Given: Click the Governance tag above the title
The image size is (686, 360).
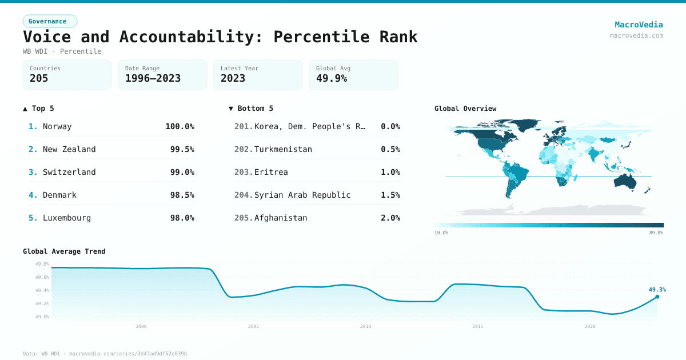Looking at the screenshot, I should point(50,21).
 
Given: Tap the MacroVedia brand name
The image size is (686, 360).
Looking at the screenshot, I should point(639,25).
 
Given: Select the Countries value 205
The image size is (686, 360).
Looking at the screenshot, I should point(39,78).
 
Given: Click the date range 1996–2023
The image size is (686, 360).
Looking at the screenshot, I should point(153,78).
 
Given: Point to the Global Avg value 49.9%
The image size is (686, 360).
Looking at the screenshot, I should point(332,78).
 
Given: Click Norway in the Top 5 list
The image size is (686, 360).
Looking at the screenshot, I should point(57,126).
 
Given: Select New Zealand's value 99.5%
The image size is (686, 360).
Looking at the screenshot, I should point(182,149).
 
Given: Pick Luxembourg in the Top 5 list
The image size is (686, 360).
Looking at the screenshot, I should point(66,218).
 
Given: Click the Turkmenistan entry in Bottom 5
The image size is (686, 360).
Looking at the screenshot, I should point(283,149).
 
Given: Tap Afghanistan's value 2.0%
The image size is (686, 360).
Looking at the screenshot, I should point(390,218).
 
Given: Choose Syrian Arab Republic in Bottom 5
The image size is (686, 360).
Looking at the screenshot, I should point(302,195).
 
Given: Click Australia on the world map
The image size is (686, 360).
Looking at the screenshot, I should point(629,181).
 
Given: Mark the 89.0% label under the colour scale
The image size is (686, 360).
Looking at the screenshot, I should point(656,233).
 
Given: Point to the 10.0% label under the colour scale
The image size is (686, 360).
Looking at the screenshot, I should point(441,233).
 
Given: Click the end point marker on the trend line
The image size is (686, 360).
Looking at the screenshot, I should point(657,297).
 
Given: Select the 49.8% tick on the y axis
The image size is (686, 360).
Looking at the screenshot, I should point(42,264).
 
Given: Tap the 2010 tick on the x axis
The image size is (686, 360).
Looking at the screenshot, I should point(365,326).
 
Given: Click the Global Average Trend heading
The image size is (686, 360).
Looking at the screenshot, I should point(64,251).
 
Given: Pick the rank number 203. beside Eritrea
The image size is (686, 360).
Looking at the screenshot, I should point(243,172).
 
